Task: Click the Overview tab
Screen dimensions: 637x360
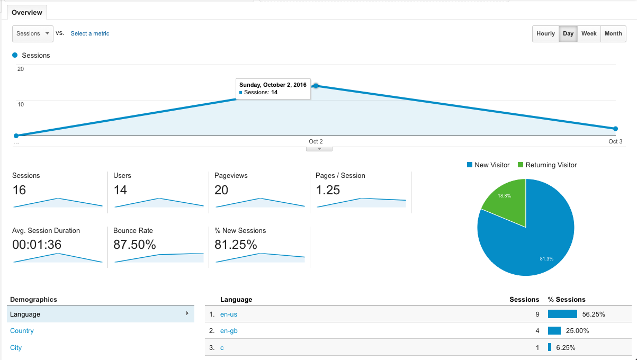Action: (x=27, y=13)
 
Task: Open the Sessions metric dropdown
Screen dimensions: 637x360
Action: (x=33, y=33)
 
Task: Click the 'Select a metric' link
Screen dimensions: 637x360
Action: (x=90, y=33)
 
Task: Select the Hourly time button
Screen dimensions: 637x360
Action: (x=545, y=33)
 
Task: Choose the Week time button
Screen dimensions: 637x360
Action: (x=589, y=33)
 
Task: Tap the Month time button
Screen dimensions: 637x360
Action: (x=613, y=33)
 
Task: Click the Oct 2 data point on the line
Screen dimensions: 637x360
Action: (x=316, y=86)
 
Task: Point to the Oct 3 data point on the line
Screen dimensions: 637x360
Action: (x=615, y=129)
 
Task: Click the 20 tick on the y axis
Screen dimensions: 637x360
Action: (x=21, y=69)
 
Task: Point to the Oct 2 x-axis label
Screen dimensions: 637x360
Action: (x=316, y=141)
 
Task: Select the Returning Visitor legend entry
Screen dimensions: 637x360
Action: (x=548, y=165)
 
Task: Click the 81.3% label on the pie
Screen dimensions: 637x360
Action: (x=546, y=259)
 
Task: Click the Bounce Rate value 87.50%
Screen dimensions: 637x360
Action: (x=134, y=245)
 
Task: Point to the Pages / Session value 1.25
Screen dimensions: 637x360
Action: (x=328, y=190)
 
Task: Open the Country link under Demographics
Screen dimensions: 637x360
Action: (x=22, y=331)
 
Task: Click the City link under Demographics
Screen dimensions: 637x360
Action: (x=16, y=347)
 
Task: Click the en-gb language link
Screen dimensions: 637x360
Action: (x=229, y=331)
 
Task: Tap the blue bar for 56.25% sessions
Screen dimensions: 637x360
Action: (x=562, y=314)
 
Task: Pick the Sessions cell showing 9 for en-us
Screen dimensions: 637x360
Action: (x=537, y=314)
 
